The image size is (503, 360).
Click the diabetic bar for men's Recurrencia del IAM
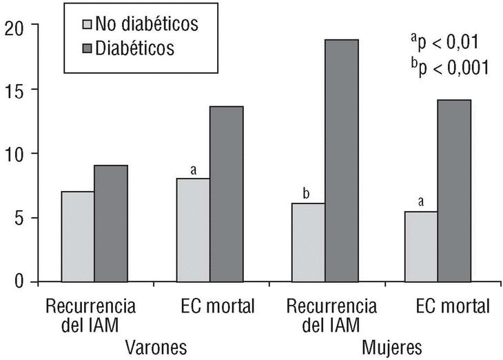tap(111, 223)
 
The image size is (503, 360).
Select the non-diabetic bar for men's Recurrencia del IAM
tap(78, 237)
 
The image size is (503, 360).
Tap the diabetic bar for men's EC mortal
tap(227, 194)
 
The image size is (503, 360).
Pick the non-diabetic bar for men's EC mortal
tap(194, 230)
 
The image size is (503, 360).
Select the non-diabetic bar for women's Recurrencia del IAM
tap(309, 242)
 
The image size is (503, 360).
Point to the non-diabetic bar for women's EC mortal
tap(421, 246)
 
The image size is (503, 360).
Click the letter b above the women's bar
tap(307, 194)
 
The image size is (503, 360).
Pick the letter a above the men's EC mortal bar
tap(194, 169)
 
